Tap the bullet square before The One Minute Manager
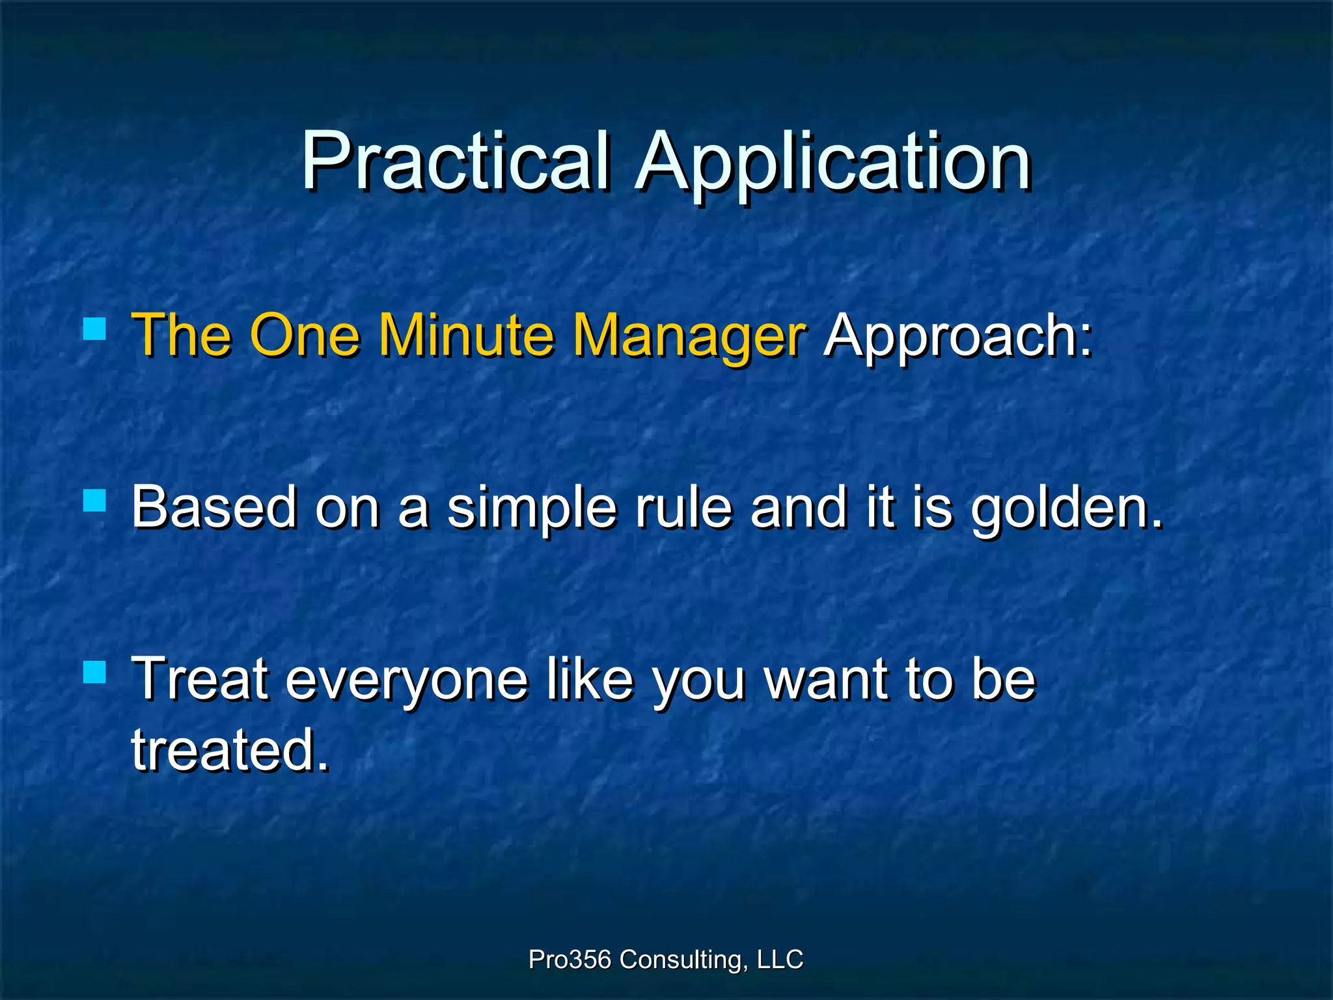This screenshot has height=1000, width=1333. point(95,329)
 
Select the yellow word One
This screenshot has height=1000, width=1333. point(304,335)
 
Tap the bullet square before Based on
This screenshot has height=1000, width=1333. point(95,501)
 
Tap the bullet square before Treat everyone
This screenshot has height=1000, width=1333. point(95,672)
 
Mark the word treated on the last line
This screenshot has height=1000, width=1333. point(229,750)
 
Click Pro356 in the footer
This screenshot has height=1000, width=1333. point(570,960)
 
